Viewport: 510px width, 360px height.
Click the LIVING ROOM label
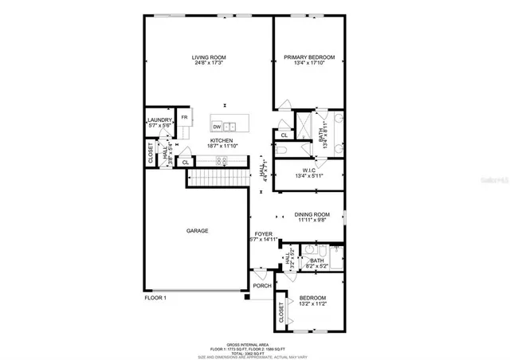210,57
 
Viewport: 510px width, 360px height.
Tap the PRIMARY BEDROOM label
308,57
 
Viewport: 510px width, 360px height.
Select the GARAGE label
198,231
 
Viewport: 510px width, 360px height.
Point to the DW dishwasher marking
217,126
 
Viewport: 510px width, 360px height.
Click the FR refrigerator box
184,118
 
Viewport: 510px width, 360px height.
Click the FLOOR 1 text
155,298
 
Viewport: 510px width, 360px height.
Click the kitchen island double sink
230,126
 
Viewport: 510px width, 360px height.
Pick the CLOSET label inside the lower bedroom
281,315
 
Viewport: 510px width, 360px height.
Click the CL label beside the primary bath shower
284,135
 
